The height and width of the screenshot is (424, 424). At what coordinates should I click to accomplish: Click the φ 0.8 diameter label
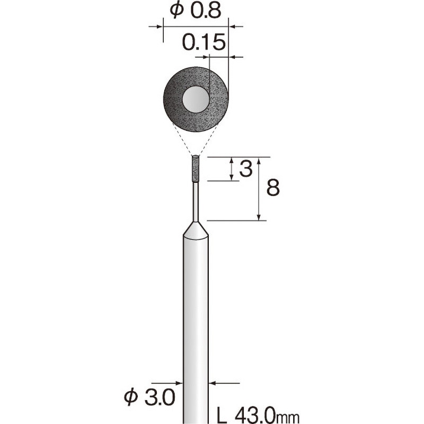(195, 11)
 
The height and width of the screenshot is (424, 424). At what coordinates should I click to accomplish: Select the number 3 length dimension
(245, 170)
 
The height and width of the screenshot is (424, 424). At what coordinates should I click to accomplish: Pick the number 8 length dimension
(272, 188)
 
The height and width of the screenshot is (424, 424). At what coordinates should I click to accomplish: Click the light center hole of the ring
(196, 99)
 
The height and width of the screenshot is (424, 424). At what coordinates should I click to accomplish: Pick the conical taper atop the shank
(196, 231)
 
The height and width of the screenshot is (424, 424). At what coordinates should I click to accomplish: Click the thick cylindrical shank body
(196, 318)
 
